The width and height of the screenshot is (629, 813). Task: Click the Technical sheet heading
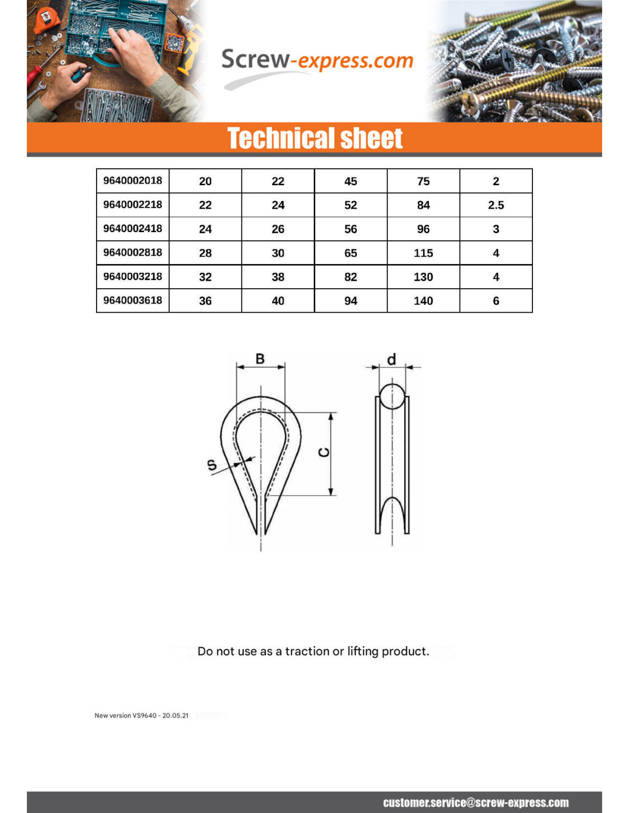[314, 138]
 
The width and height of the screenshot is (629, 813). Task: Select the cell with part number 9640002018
[133, 181]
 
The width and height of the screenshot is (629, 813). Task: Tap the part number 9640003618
[133, 300]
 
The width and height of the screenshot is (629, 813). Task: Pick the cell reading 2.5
[496, 205]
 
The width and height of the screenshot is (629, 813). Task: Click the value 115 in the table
[423, 253]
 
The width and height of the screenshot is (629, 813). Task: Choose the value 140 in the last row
[423, 301]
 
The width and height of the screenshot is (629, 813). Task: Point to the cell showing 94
[351, 301]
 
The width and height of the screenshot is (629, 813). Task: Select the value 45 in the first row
[351, 181]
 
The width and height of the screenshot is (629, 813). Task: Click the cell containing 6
[496, 301]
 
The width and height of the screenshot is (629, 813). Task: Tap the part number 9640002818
[133, 252]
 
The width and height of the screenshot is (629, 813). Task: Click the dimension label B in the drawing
[260, 359]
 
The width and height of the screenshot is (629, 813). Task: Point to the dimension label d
[392, 360]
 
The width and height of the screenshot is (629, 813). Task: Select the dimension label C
[324, 453]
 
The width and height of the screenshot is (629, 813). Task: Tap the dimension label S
[212, 465]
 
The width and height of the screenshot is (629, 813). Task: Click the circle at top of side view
[392, 396]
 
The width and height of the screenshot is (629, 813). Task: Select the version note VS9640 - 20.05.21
[141, 715]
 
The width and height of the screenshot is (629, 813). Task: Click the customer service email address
[476, 803]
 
